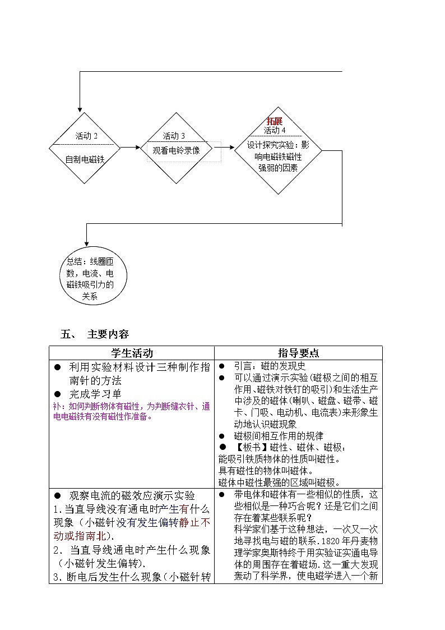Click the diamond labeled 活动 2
pyautogui.click(x=85, y=148)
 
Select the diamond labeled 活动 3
pyautogui.click(x=181, y=148)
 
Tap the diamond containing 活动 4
pyautogui.click(x=278, y=150)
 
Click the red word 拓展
pyautogui.click(x=275, y=121)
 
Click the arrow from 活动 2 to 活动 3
pyautogui.click(x=131, y=148)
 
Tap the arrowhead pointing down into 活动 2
pyautogui.click(x=80, y=108)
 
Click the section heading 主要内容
pyautogui.click(x=108, y=334)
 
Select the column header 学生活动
pyautogui.click(x=132, y=353)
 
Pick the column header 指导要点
pyautogui.click(x=299, y=353)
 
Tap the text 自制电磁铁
pyautogui.click(x=85, y=159)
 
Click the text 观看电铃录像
pyautogui.click(x=176, y=150)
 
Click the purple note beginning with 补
pyautogui.click(x=131, y=411)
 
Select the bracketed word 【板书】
pyautogui.click(x=251, y=448)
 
